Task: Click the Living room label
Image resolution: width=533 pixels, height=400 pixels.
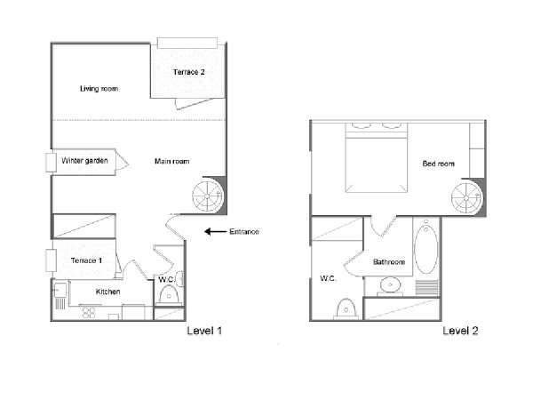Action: point(99,89)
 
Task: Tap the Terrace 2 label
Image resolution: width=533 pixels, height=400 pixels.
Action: point(188,72)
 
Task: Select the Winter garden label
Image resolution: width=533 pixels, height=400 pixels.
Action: point(84,161)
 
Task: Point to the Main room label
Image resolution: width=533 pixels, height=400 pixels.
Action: point(171,161)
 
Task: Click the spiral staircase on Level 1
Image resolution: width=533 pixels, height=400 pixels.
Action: point(208,196)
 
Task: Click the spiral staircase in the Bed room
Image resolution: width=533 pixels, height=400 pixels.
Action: point(466,197)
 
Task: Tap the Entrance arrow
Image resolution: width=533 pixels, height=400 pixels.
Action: point(215,232)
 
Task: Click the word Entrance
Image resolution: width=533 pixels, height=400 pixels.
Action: point(244,232)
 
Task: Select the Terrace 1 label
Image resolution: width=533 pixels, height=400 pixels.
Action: point(86,260)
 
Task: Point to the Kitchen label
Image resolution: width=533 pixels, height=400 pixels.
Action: point(107,292)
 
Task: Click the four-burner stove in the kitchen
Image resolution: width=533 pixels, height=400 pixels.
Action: point(89,312)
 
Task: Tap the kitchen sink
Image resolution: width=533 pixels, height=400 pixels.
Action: point(60,290)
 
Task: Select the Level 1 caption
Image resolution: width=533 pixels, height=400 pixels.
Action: point(204,331)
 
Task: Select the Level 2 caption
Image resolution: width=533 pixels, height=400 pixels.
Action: point(460,331)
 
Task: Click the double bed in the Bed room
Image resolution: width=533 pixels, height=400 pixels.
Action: point(377,157)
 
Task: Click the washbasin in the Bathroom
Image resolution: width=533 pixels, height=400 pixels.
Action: point(390,284)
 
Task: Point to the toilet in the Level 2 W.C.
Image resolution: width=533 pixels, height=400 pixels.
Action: point(346,308)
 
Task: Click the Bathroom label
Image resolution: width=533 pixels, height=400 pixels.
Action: point(389,262)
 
